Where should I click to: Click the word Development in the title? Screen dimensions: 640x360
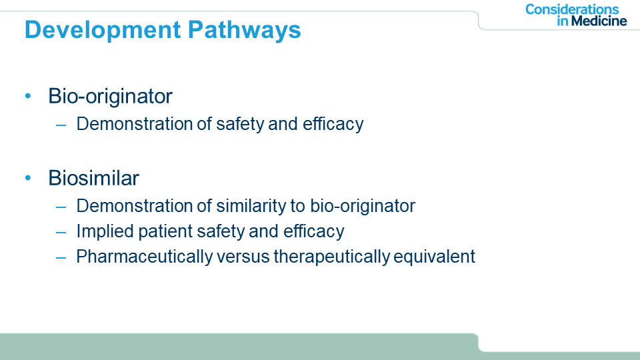pos(103,31)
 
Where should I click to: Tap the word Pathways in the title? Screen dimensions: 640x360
pos(244,31)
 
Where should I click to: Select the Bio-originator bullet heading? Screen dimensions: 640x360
pos(110,96)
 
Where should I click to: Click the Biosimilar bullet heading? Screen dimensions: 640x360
pos(93,178)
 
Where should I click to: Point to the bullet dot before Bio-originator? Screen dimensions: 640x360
pos(28,96)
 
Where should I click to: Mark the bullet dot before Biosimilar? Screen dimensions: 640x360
pos(28,177)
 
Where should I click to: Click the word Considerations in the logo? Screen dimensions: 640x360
pos(572,9)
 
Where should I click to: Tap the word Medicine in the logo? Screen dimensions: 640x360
pos(599,21)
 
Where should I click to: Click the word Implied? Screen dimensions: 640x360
pos(105,232)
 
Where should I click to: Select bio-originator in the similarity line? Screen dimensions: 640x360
pos(363,206)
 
